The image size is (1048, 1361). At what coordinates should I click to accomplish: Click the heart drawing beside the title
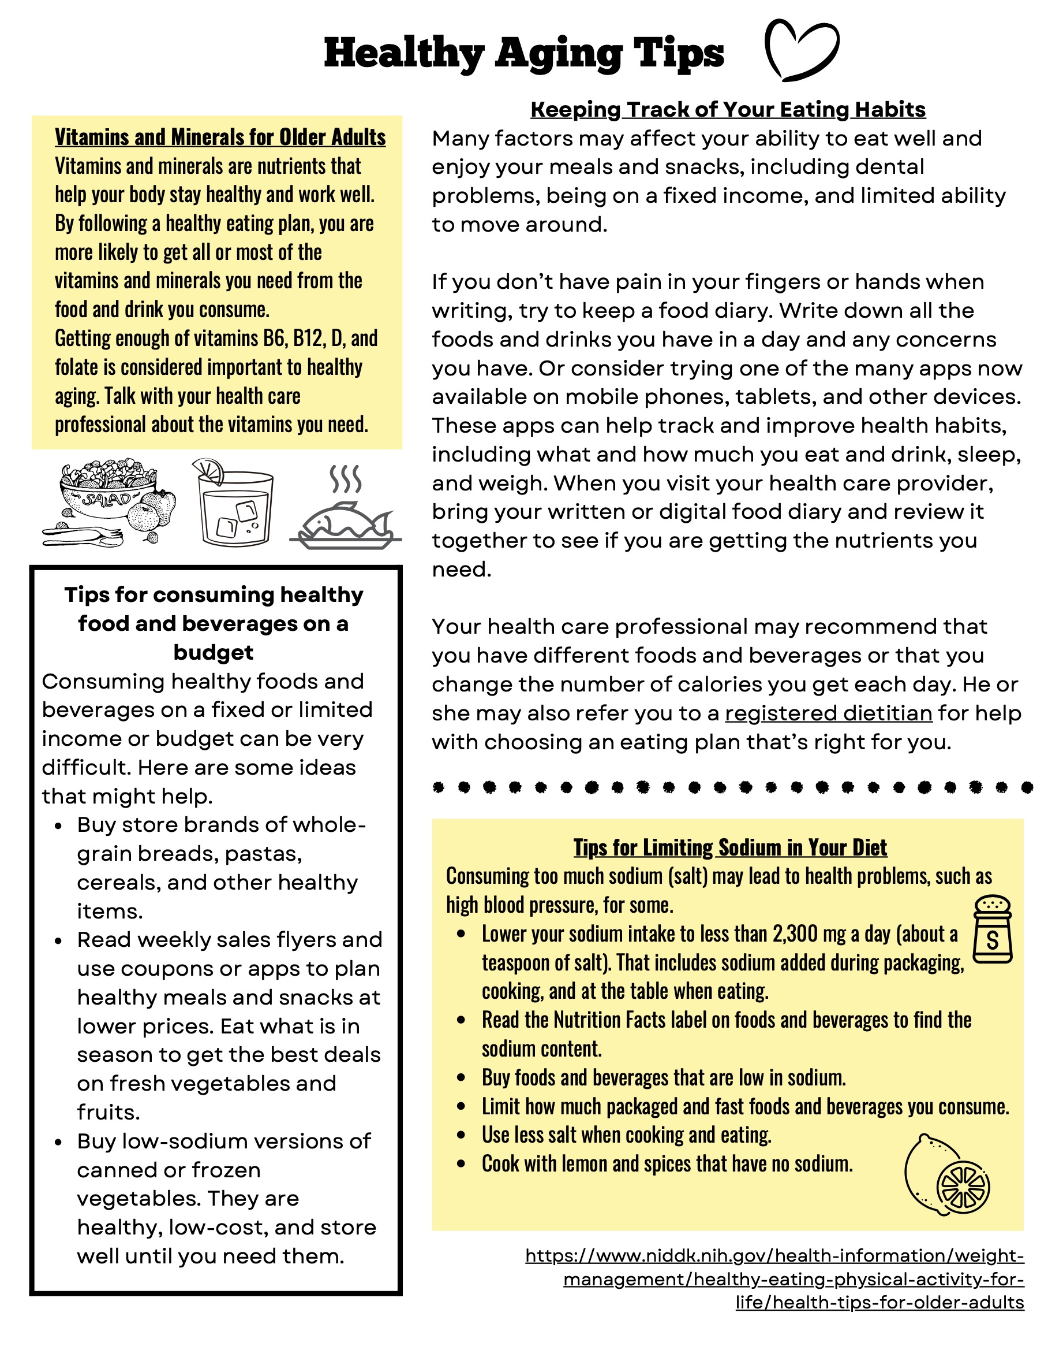(x=801, y=50)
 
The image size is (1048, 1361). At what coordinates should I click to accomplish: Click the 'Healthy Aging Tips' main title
(x=523, y=53)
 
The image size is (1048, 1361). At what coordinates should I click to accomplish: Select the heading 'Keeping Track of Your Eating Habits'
(x=727, y=110)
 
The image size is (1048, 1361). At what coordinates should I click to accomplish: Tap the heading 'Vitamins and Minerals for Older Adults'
(x=220, y=137)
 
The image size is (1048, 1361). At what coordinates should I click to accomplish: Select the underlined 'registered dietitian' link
(x=828, y=713)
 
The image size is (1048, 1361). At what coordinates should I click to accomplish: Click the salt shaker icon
(x=992, y=930)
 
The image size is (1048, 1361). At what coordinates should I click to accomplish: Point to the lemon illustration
(x=946, y=1174)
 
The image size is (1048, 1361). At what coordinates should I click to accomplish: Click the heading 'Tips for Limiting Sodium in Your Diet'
(x=729, y=847)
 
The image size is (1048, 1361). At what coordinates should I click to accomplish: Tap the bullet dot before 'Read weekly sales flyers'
(x=58, y=941)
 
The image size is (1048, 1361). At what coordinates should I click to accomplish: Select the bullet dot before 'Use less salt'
(x=461, y=1135)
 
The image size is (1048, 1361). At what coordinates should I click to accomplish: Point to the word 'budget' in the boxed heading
(x=213, y=652)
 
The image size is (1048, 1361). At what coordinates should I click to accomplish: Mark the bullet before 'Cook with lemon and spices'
(x=461, y=1164)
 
